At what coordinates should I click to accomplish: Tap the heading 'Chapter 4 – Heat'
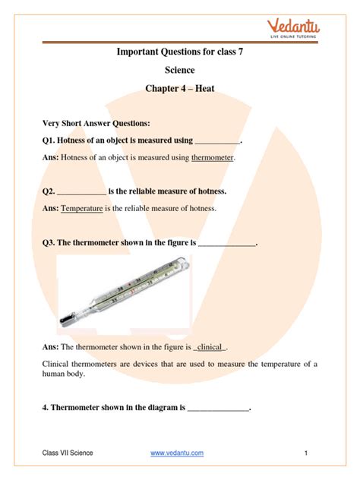click(179, 90)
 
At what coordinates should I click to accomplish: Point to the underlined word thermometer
click(213, 158)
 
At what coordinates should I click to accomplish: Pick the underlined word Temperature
click(81, 207)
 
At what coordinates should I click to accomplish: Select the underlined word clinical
click(210, 347)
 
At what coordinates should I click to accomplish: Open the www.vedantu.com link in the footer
click(177, 453)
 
